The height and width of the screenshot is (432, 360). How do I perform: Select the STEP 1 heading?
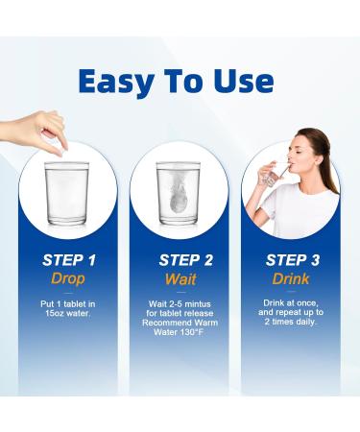point(69,260)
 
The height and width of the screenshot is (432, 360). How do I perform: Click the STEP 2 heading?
point(186,260)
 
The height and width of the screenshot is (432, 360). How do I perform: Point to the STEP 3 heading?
point(293,260)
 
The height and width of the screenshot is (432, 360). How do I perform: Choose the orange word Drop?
point(68,278)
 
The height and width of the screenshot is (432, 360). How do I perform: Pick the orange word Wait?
point(180,279)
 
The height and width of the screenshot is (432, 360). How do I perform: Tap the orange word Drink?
point(291,278)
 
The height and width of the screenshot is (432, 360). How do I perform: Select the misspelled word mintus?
point(198,303)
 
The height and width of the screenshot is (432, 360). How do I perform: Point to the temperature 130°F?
point(191,332)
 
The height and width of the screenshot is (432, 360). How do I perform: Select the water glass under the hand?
point(66,193)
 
